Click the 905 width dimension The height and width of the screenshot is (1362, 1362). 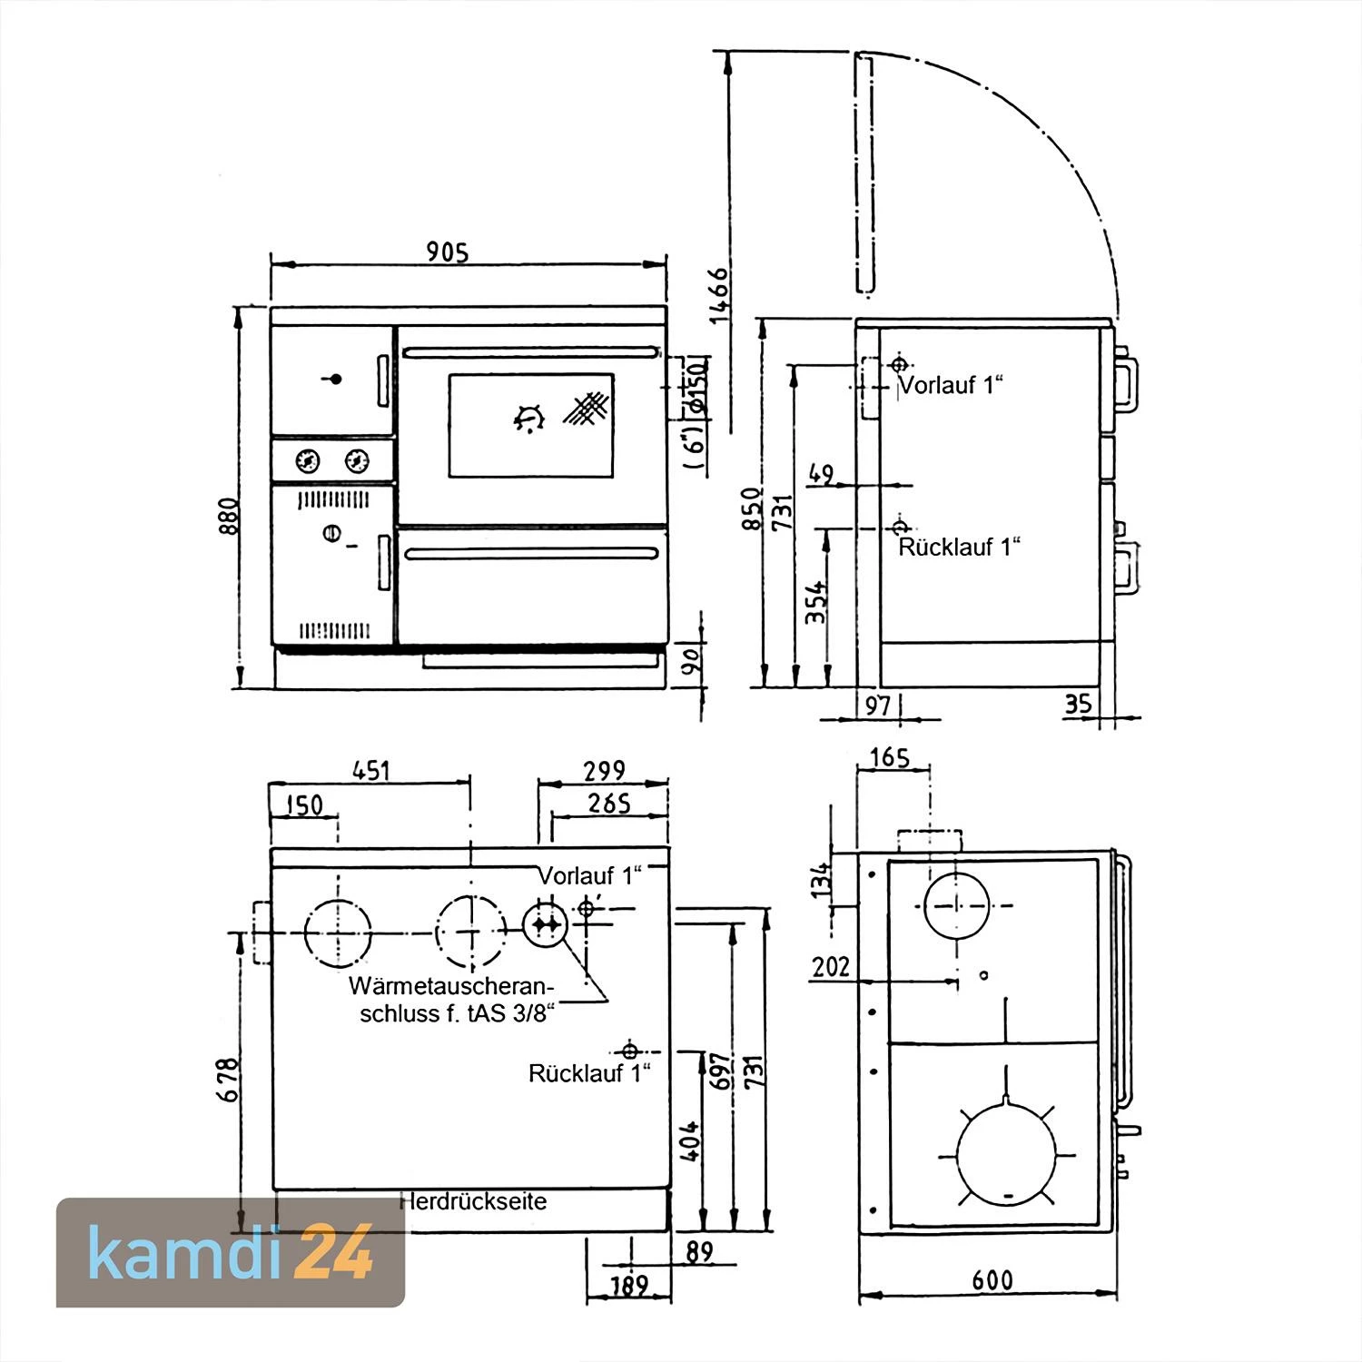[x=448, y=252]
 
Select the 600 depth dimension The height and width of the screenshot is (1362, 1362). [x=992, y=1280]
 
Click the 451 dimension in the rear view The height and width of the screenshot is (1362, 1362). [x=370, y=771]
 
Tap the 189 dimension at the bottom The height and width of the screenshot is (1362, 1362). [x=628, y=1286]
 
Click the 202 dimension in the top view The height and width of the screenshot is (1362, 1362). [x=831, y=966]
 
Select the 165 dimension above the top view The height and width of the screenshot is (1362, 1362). [x=888, y=756]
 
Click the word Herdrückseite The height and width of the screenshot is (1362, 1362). [x=474, y=1201]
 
